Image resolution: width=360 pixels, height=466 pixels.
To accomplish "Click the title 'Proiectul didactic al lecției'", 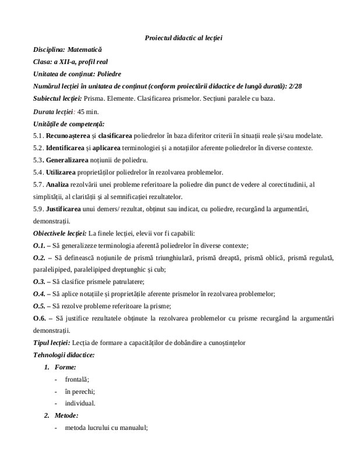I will (183, 38).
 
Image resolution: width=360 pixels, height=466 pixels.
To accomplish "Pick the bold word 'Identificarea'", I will (65, 147).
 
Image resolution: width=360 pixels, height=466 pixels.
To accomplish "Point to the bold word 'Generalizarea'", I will (66, 160).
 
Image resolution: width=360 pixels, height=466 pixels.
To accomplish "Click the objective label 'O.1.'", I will (40, 245).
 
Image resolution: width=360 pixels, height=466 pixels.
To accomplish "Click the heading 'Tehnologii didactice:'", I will (64, 355).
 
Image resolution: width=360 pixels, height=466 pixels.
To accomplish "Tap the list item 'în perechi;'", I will (80, 391).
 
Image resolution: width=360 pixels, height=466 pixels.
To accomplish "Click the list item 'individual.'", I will (80, 403).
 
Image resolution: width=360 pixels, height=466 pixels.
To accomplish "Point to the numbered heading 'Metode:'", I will (66, 416).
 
